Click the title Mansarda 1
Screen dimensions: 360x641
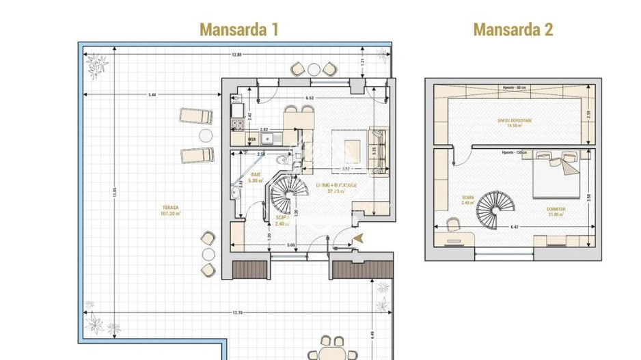(238, 29)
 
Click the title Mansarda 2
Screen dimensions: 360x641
(513, 29)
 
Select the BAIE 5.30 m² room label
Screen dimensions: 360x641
(256, 178)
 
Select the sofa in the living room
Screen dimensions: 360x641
(378, 148)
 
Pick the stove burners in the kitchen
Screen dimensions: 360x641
(238, 124)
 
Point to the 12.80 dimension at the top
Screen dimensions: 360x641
(236, 55)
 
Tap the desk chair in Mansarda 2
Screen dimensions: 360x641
(452, 223)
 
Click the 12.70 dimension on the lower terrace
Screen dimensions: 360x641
(236, 313)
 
